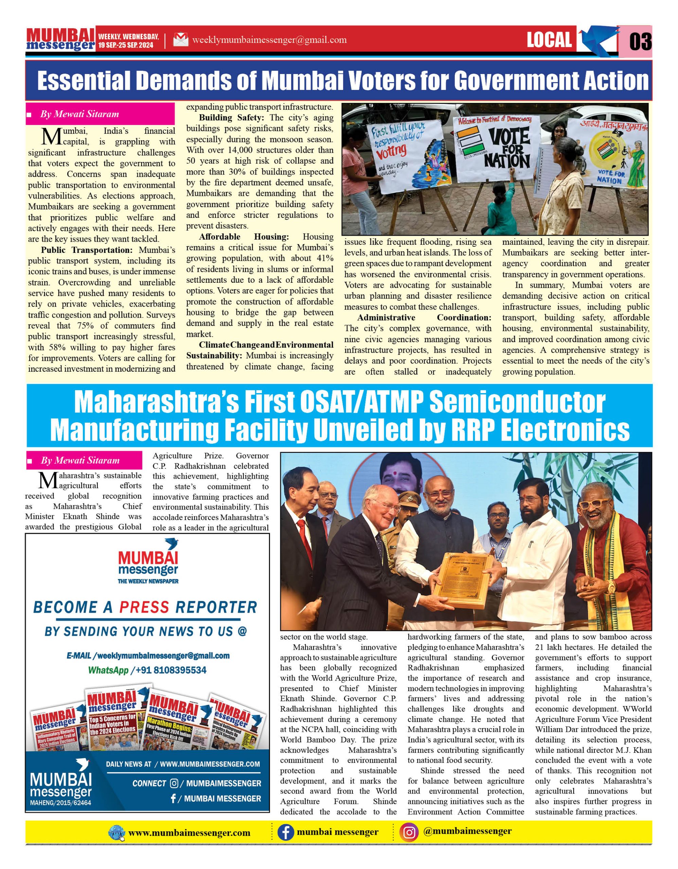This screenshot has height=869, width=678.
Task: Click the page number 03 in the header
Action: point(640,41)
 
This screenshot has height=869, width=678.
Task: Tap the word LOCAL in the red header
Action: point(549,40)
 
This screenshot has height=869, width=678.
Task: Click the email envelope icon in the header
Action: point(181,40)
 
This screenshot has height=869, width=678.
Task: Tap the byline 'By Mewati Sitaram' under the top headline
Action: point(79,114)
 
